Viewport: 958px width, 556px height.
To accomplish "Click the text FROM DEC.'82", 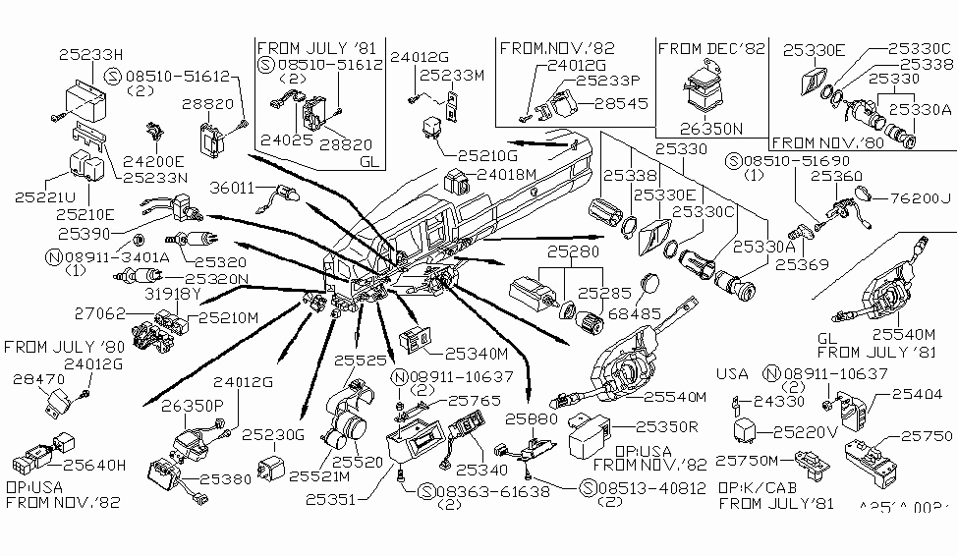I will click(x=710, y=48).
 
